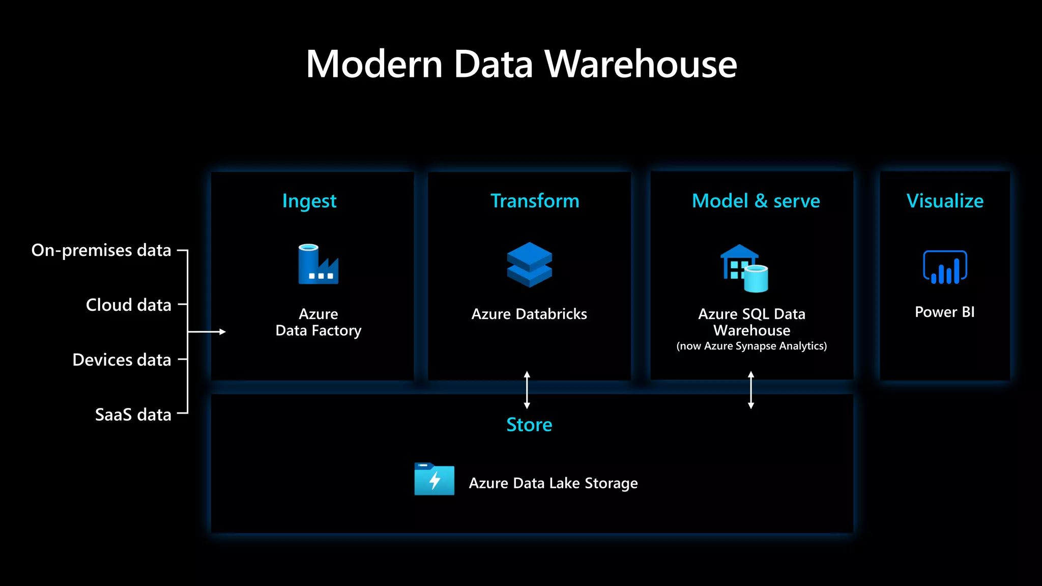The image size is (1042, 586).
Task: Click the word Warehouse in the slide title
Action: coord(641,65)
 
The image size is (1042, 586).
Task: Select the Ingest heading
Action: coord(309,201)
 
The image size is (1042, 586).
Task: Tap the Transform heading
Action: coord(535,201)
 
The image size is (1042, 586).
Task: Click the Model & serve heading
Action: coord(756,201)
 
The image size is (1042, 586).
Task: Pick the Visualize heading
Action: coord(945,201)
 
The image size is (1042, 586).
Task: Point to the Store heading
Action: coord(529,425)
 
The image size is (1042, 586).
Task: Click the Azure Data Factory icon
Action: coord(318,265)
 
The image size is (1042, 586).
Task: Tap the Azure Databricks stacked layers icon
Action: coord(529,265)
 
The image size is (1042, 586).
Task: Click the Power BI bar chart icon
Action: coord(945,267)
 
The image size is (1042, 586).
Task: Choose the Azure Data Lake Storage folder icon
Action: coord(434,479)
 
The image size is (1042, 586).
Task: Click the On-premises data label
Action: coord(101,250)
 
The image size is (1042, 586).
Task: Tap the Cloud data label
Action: coord(128,305)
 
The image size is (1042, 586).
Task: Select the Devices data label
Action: coord(122,360)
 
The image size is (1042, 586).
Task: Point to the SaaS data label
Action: coord(133,415)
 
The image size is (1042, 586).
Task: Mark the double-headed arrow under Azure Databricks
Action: coord(527,390)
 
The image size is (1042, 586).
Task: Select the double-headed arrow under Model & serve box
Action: coord(751,390)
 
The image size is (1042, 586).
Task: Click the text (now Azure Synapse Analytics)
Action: coord(751,346)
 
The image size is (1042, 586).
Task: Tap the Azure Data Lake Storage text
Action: coord(553,483)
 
